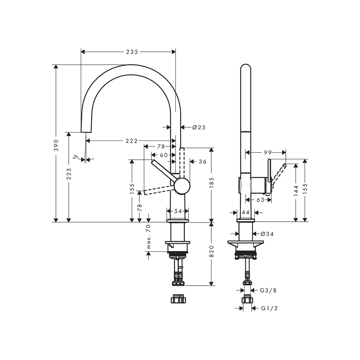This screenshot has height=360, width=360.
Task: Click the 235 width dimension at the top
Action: (132, 52)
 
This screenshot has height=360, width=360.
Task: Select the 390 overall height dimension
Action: (56, 145)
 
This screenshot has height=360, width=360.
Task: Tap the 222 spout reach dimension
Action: (131, 141)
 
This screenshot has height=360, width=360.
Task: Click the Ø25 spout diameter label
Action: (199, 127)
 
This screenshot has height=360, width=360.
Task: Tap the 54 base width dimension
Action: (178, 211)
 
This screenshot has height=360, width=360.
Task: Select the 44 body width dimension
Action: (245, 212)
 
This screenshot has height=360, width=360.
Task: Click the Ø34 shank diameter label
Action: (267, 234)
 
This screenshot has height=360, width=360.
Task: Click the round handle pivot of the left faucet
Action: (182, 186)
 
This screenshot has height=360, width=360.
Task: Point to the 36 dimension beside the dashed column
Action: (203, 161)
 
